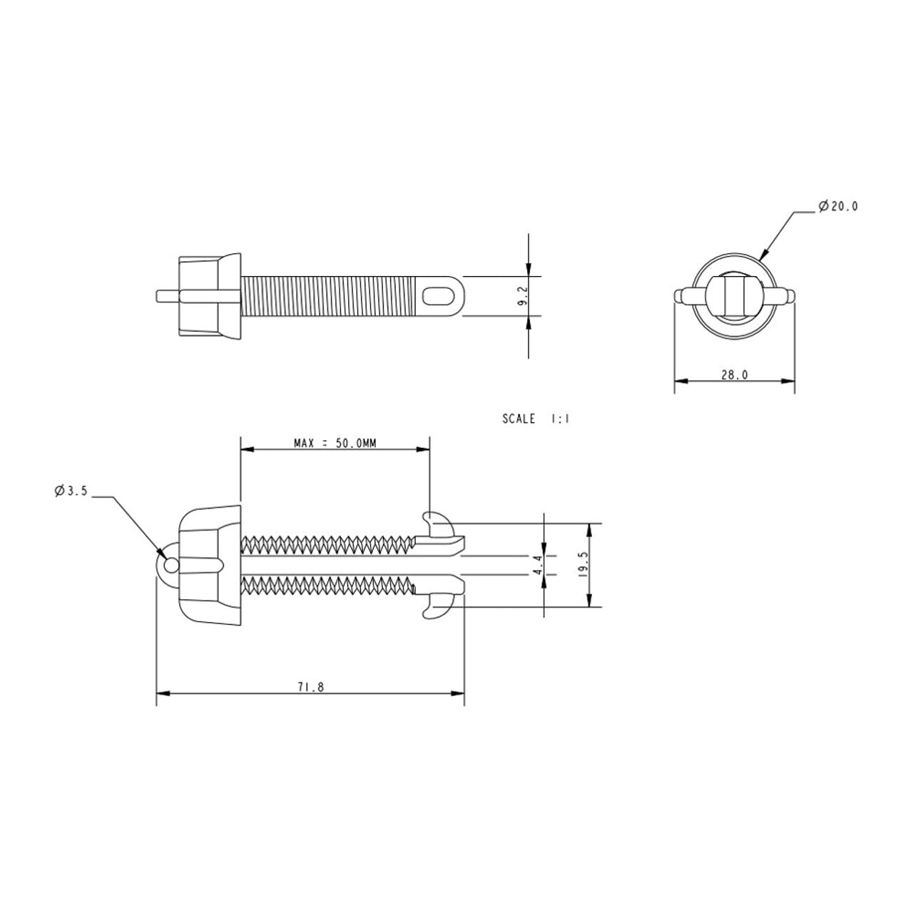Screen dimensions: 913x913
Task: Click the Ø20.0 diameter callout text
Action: click(x=837, y=207)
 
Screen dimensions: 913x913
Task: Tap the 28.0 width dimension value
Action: click(x=735, y=374)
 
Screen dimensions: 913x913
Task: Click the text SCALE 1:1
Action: click(x=536, y=419)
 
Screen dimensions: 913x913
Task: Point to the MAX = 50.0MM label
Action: click(x=335, y=444)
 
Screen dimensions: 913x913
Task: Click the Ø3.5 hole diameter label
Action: click(x=71, y=491)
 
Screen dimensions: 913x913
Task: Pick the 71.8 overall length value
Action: click(x=311, y=687)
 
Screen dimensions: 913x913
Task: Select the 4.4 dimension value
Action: click(x=539, y=565)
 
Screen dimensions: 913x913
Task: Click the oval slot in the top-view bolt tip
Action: click(x=438, y=296)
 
